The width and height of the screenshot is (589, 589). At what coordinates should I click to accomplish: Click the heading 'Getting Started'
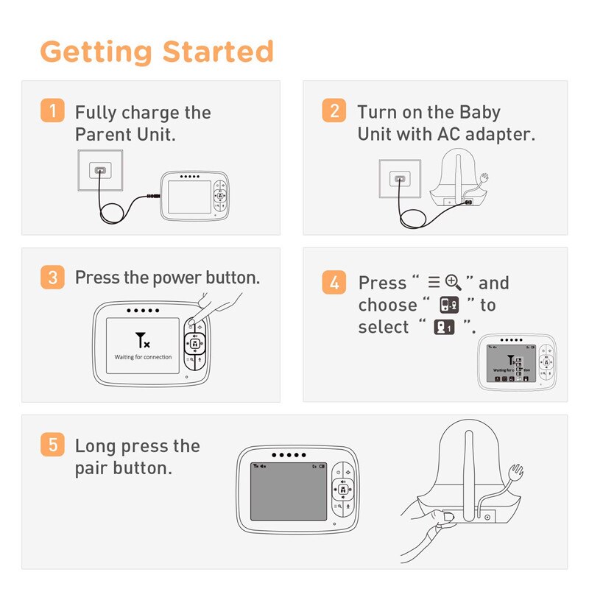157,52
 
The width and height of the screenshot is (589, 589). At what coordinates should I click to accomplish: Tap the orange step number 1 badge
52,112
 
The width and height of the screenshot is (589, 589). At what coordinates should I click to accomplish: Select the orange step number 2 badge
334,112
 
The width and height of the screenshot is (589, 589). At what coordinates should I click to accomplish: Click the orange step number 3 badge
52,278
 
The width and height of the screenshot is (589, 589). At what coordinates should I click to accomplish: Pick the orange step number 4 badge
334,282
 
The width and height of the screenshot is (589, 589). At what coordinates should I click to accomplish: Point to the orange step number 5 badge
52,445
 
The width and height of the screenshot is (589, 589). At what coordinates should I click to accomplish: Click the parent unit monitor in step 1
194,196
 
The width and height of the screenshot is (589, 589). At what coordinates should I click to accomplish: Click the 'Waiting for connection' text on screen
143,357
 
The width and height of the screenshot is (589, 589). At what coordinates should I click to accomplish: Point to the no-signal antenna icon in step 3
143,340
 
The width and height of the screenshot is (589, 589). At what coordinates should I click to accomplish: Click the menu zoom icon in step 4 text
444,282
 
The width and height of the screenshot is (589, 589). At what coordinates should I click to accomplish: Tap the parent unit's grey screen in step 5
288,491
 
